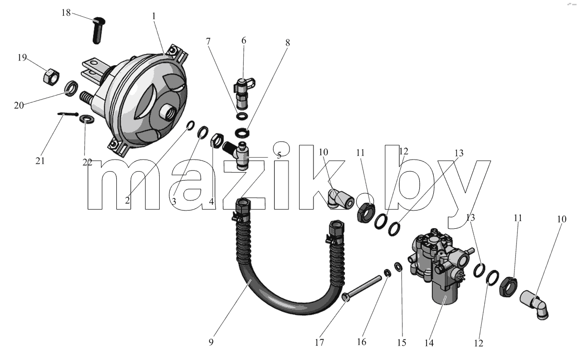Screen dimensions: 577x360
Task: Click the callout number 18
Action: pyautogui.click(x=66, y=12)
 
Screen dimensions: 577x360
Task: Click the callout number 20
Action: pyautogui.click(x=19, y=105)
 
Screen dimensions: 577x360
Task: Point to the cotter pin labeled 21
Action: pyautogui.click(x=68, y=114)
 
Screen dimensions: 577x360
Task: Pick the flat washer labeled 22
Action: pyautogui.click(x=87, y=119)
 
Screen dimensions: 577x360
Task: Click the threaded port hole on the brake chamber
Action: pyautogui.click(x=167, y=112)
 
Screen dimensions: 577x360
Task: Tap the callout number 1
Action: pyautogui.click(x=154, y=16)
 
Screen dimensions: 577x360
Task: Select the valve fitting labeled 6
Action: pyautogui.click(x=243, y=93)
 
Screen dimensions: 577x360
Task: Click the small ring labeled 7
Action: pyautogui.click(x=242, y=116)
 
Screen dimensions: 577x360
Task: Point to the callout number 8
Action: pyautogui.click(x=288, y=43)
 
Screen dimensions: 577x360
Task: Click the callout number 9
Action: pyautogui.click(x=211, y=342)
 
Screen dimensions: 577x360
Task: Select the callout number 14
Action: pyautogui.click(x=429, y=343)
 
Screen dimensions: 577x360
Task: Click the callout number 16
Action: pyautogui.click(x=362, y=342)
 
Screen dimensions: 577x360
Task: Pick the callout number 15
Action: pyautogui.click(x=401, y=343)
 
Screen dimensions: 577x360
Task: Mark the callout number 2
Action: pyautogui.click(x=127, y=200)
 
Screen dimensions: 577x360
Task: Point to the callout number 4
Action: pyautogui.click(x=211, y=202)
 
